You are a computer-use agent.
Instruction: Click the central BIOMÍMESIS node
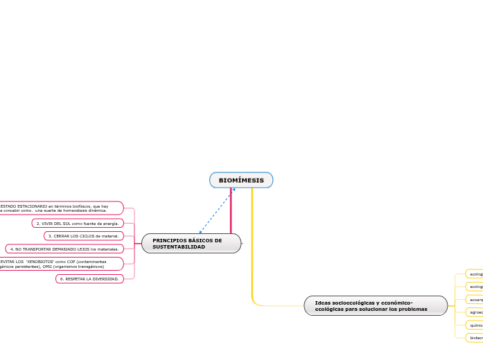point(241,180)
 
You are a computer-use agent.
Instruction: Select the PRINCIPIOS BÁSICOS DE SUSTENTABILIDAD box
point(191,243)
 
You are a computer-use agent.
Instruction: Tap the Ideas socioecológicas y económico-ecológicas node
point(376,305)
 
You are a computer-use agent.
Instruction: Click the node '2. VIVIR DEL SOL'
point(78,224)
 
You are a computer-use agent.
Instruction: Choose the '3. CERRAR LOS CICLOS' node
point(84,236)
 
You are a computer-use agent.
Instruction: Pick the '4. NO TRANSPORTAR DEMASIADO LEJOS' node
point(64,249)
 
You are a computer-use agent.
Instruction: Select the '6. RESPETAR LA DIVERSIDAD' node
point(89,278)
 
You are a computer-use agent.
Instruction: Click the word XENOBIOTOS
point(38,261)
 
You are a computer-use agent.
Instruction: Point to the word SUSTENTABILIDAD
point(179,246)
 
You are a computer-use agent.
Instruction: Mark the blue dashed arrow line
point(217,210)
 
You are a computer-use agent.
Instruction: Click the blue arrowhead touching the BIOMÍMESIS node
point(234,189)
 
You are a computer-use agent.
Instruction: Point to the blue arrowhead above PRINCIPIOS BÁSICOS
point(200,232)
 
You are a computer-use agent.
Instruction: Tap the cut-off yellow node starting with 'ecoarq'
point(475,299)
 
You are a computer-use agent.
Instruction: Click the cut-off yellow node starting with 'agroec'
point(475,312)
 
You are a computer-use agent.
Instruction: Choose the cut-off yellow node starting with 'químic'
point(475,324)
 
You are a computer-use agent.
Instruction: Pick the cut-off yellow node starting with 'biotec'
point(475,337)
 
